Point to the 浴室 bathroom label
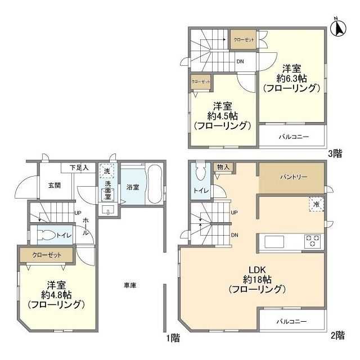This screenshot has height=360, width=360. click(133, 186)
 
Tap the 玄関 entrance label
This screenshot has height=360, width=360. click(54, 186)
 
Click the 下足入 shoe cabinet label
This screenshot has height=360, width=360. click(79, 168)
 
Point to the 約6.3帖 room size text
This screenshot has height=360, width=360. click(291, 78)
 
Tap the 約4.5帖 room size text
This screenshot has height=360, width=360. click(222, 116)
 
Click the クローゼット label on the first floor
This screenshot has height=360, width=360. click(47, 255)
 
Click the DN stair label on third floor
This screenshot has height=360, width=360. click(240, 62)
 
